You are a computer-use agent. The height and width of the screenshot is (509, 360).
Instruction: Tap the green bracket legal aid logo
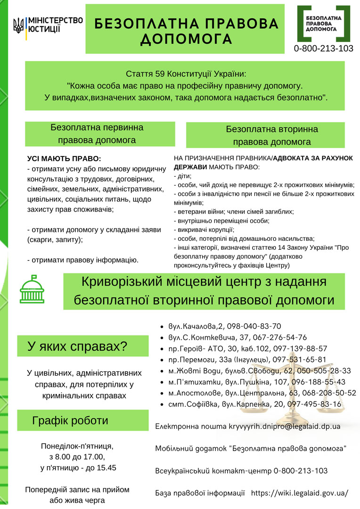(x=320, y=24)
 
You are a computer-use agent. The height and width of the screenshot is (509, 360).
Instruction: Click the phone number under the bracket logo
(x=323, y=49)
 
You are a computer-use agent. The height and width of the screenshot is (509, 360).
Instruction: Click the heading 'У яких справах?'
(x=77, y=347)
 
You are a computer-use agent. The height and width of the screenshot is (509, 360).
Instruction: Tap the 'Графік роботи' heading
(x=70, y=420)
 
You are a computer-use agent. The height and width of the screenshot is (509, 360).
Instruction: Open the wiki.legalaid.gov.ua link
(x=300, y=493)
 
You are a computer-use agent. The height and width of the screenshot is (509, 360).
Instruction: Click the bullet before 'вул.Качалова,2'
(x=162, y=326)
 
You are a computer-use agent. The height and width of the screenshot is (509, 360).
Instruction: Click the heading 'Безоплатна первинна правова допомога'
(x=97, y=133)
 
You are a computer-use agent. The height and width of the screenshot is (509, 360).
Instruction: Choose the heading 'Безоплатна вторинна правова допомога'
(x=272, y=135)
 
